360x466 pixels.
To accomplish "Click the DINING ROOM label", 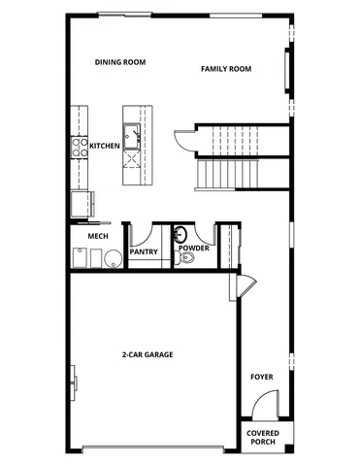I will coord(120,62).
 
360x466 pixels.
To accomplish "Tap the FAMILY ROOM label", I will coord(226,69).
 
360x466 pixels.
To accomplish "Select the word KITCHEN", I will coord(105,146).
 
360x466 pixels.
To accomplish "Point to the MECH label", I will coord(98,236).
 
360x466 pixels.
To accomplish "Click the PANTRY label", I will coord(144,250).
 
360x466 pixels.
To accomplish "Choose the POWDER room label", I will coord(193,249).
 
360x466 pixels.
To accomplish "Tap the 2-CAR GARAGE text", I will coord(147,355).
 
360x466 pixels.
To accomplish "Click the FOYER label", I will coord(261,376).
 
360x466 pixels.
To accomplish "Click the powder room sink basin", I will coord(180,235).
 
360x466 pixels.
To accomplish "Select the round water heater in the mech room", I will coord(114,257).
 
